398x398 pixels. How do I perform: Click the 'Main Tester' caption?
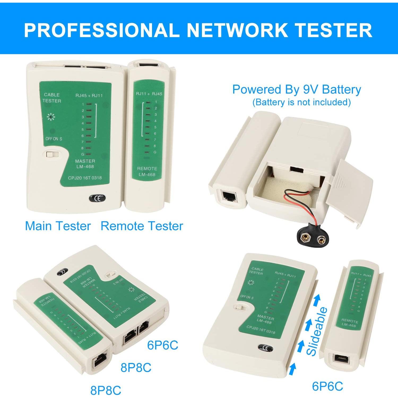click(x=58, y=226)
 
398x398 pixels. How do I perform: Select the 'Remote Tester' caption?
click(x=142, y=226)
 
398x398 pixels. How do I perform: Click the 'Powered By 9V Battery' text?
click(x=296, y=90)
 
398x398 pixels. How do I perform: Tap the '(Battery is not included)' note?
click(x=301, y=102)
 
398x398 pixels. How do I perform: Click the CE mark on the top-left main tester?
click(x=97, y=198)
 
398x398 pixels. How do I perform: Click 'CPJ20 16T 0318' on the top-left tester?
click(x=85, y=178)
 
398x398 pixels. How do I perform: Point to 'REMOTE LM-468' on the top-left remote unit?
click(x=147, y=171)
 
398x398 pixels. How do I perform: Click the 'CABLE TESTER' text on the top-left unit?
click(x=52, y=98)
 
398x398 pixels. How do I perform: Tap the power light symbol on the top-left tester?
click(x=51, y=117)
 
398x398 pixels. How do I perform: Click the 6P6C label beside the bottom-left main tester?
click(x=163, y=345)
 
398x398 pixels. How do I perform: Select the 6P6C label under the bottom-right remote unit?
click(x=327, y=386)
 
